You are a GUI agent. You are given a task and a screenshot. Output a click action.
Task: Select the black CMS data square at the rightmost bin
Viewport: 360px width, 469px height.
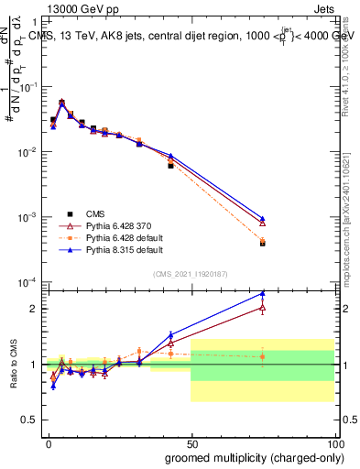point(263,244)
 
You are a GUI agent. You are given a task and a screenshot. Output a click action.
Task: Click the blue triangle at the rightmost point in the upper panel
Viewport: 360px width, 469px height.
point(263,218)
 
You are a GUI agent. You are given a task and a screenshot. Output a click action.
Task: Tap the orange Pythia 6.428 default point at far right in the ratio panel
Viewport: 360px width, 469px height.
point(263,356)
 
